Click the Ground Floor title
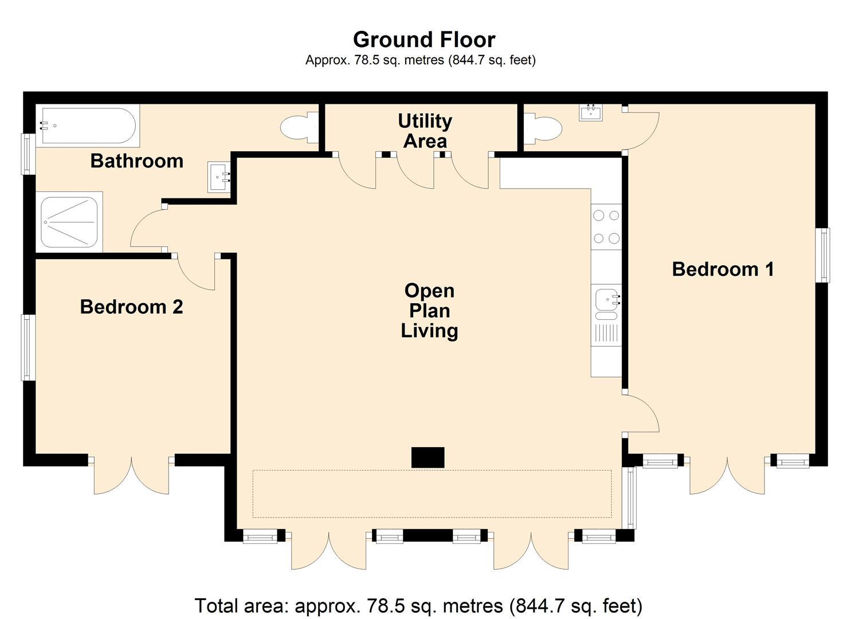point(424,40)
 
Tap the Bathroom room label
point(137,161)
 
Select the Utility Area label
point(425,131)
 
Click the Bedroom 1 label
point(723,269)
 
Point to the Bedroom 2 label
point(131,307)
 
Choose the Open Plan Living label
point(429,311)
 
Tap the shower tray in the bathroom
point(69,222)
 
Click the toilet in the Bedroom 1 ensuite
point(543,128)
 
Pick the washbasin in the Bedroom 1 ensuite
point(590,112)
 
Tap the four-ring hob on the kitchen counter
point(606,226)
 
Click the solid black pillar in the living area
point(428,457)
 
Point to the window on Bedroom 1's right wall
point(822,255)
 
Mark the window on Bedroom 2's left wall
point(28,347)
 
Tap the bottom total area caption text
point(418,605)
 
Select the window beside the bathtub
point(28,153)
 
